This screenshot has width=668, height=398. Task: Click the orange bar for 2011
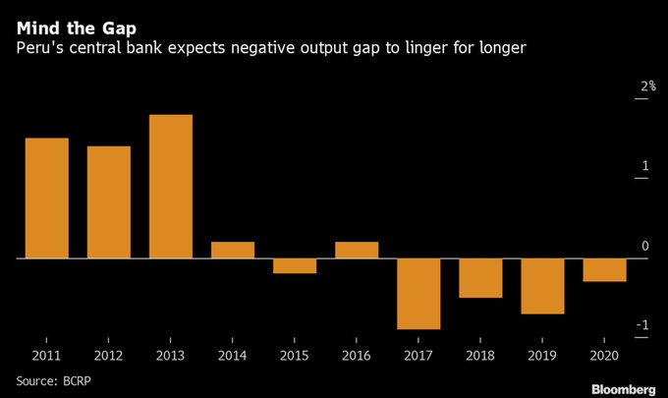coord(46,198)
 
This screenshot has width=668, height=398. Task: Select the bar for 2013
coord(170,187)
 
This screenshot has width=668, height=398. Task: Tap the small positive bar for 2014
coord(233,250)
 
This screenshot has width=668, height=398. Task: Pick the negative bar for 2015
coord(295,265)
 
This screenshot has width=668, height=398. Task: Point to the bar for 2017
coord(418,293)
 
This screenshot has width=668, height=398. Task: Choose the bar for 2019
coord(542,286)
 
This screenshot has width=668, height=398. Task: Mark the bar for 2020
coord(604,269)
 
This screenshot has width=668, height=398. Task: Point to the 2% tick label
coord(647,87)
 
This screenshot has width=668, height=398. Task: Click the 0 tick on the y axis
coord(645,246)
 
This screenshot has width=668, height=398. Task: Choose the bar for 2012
coord(109,201)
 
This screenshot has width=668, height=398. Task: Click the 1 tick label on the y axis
coord(645,166)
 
